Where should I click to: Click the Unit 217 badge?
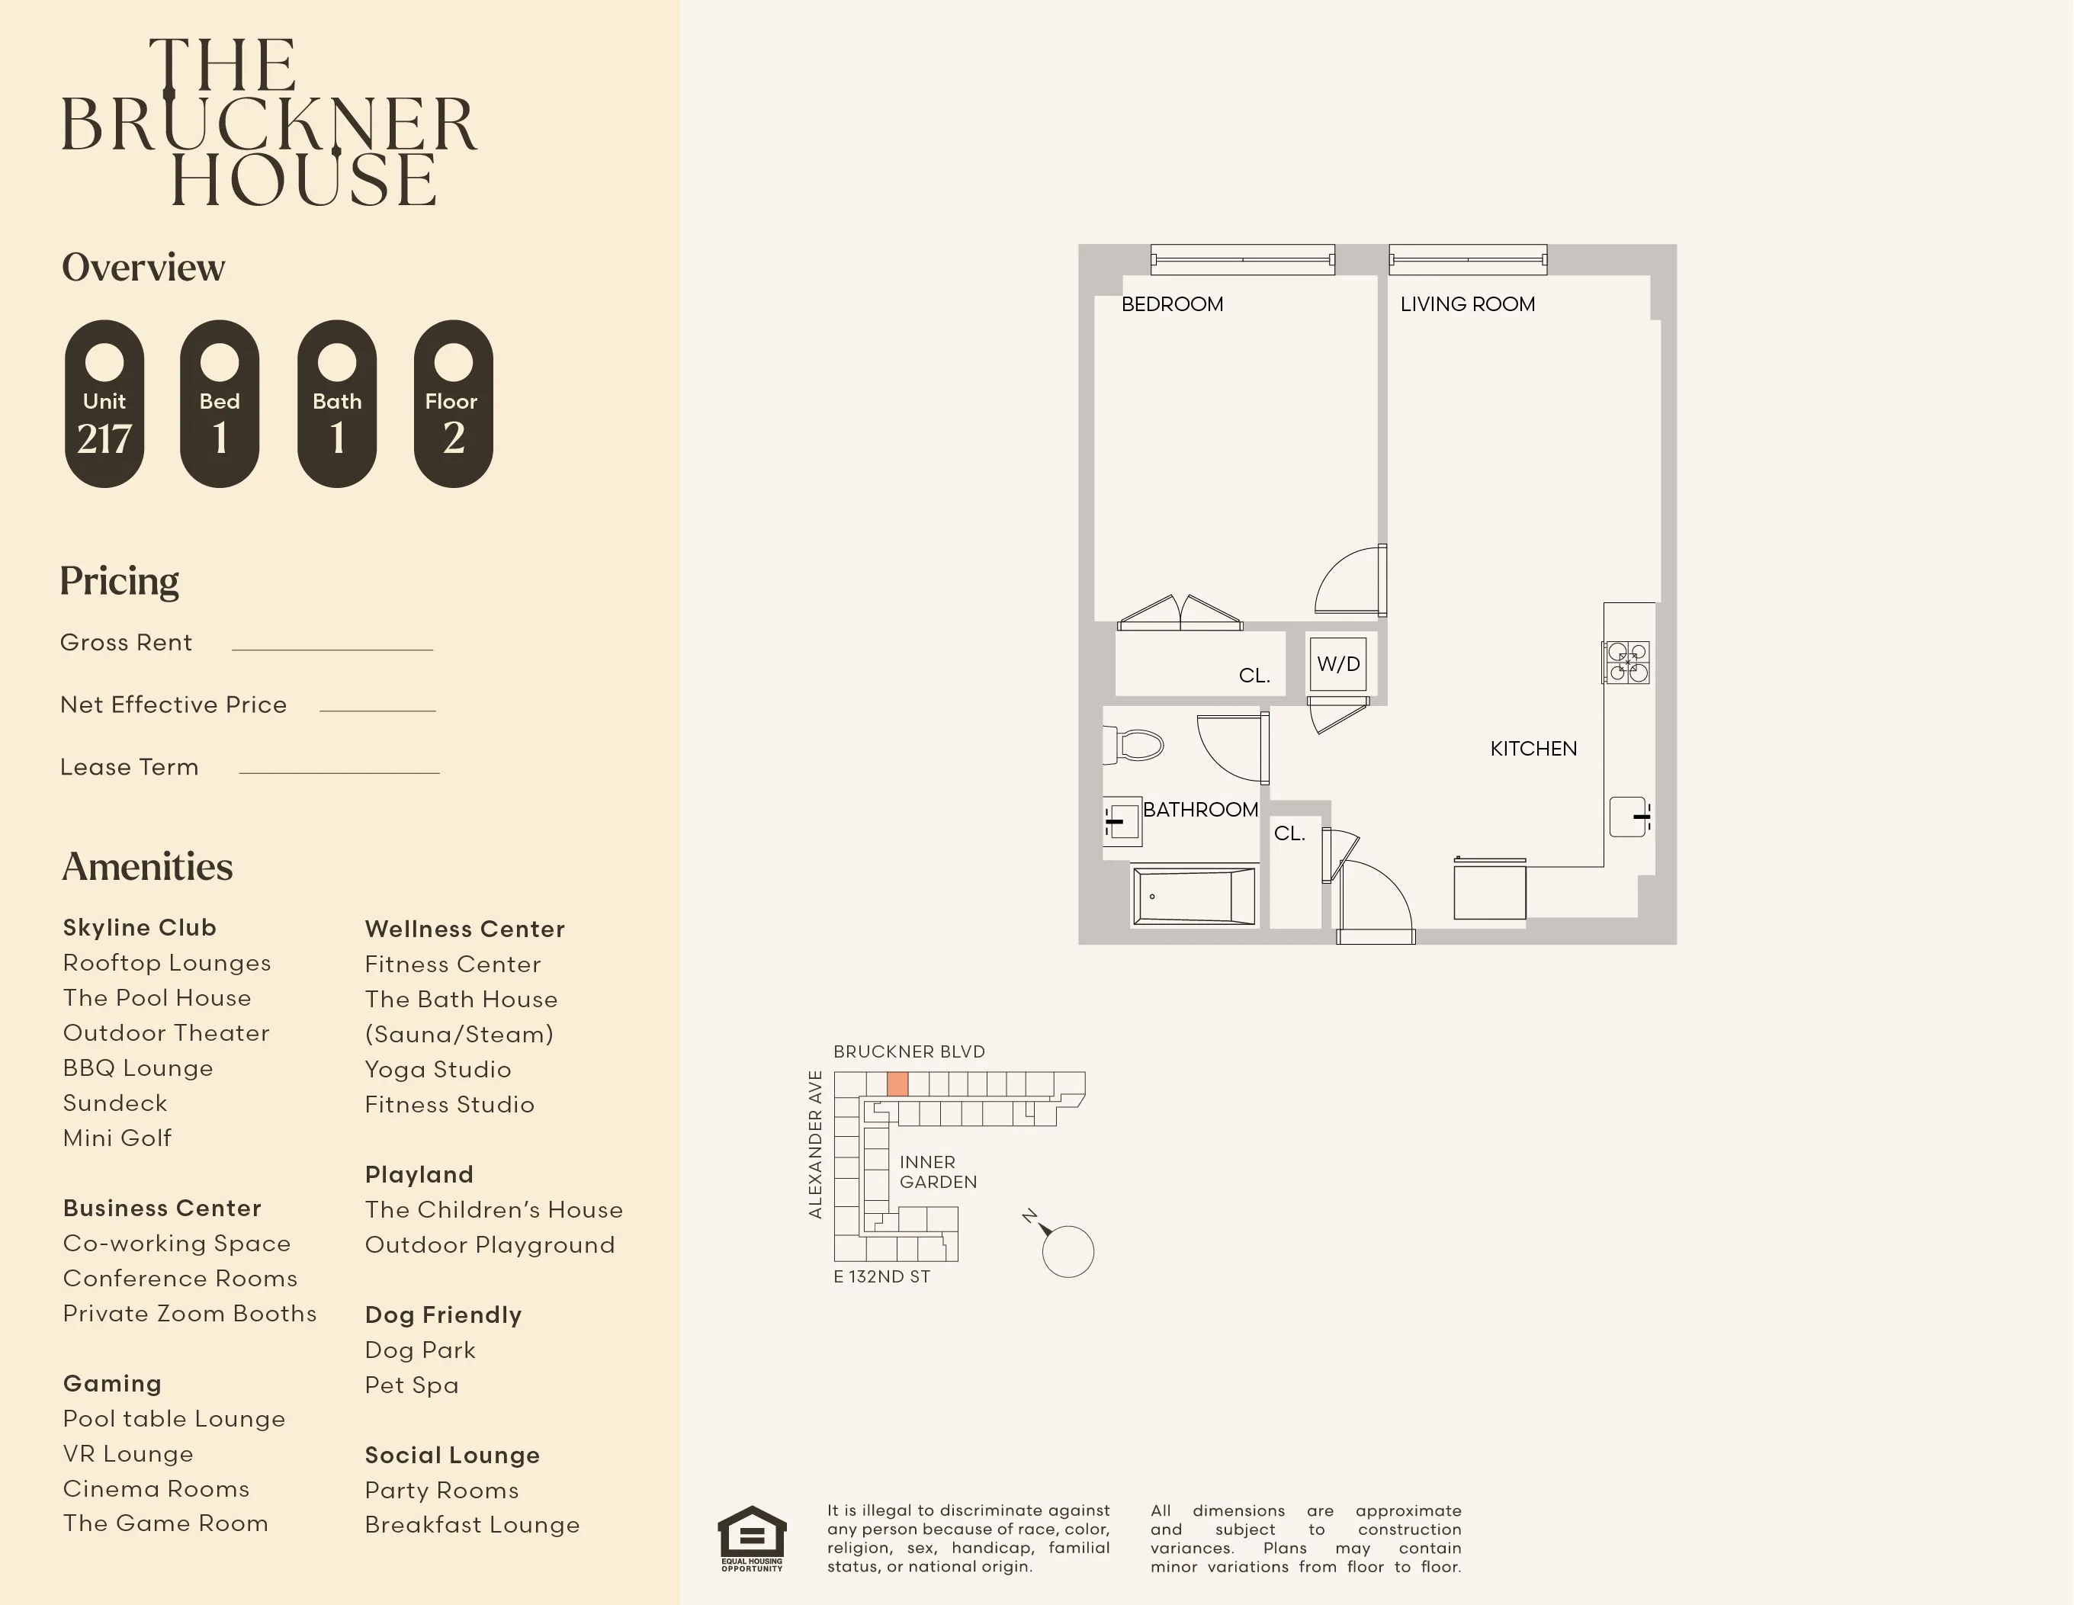pos(104,403)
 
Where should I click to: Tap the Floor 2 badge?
pos(453,403)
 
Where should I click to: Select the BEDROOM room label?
pos(1172,304)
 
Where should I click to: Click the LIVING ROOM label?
pos(1467,304)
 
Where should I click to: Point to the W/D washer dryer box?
pos(1338,664)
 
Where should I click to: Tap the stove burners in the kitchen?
pos(1628,662)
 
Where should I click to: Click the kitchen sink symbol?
pos(1629,817)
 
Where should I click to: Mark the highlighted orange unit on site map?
pos(897,1083)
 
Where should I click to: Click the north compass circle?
pos(1068,1252)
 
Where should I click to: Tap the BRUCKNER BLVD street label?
pos(909,1051)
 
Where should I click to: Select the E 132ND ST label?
pos(881,1276)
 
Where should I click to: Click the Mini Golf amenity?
pos(117,1138)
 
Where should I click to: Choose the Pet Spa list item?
pos(411,1385)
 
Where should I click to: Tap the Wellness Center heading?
pos(464,929)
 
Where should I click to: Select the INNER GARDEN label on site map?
pos(937,1172)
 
